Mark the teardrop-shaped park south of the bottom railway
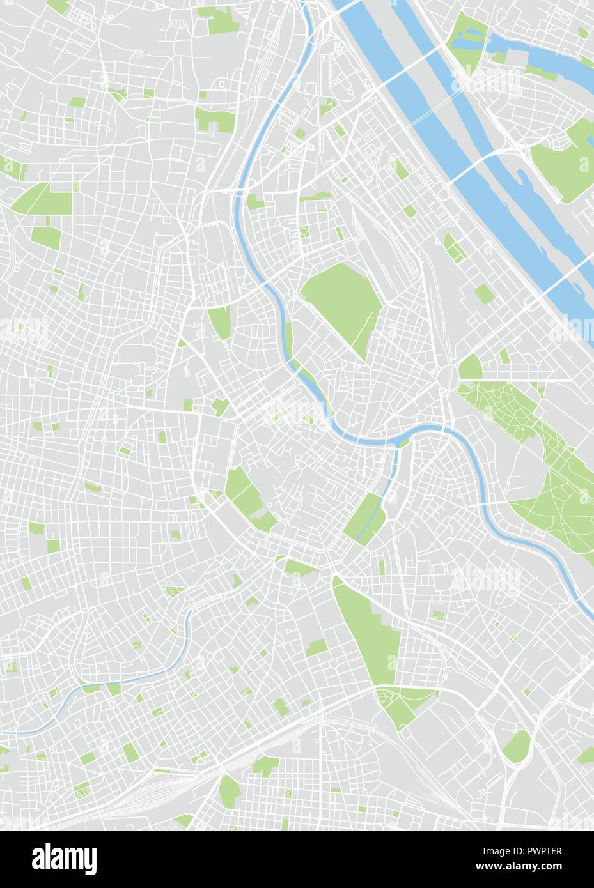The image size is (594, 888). coord(228,790)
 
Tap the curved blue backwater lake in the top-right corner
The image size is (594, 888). coord(550,57)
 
